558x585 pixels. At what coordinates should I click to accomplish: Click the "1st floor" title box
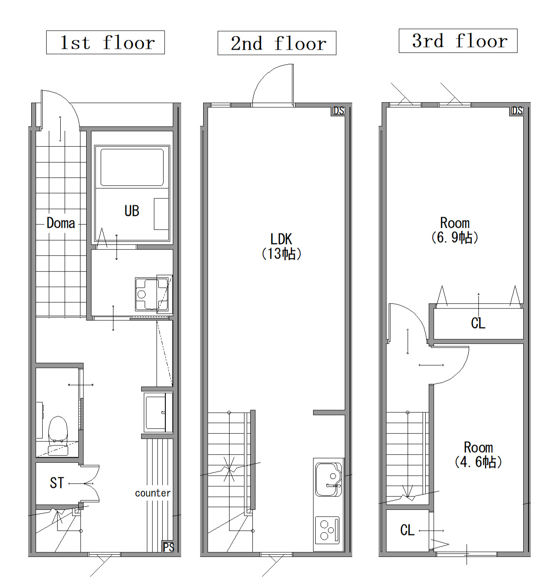pos(106,42)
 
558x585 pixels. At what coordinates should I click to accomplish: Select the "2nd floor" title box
pos(277,43)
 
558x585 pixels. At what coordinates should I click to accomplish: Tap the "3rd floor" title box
pos(458,41)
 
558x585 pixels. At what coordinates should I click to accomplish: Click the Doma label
pos(61,223)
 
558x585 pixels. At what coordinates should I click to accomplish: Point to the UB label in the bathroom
pos(132,211)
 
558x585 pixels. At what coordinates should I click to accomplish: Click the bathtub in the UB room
pos(132,167)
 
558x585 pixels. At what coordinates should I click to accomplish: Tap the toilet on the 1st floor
pos(58,436)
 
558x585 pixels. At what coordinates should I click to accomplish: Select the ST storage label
pos(57,483)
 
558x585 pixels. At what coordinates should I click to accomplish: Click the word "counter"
pos(153,493)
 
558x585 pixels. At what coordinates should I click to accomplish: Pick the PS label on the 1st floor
pos(168,547)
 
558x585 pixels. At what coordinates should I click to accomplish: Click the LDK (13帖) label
pos(281,246)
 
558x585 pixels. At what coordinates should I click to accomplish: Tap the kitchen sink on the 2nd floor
pos(328,479)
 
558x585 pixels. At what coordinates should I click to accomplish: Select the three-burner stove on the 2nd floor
pos(327,529)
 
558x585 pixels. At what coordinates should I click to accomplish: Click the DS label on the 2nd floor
pos(339,111)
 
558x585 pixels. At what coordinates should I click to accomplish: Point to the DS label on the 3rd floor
pos(517,111)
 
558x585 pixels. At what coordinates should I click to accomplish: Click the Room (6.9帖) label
pos(455,230)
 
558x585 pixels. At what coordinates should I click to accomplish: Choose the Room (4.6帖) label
pos(478,455)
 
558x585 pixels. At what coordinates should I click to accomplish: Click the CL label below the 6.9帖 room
pos(478,324)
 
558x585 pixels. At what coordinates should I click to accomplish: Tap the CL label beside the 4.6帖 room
pos(407,530)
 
